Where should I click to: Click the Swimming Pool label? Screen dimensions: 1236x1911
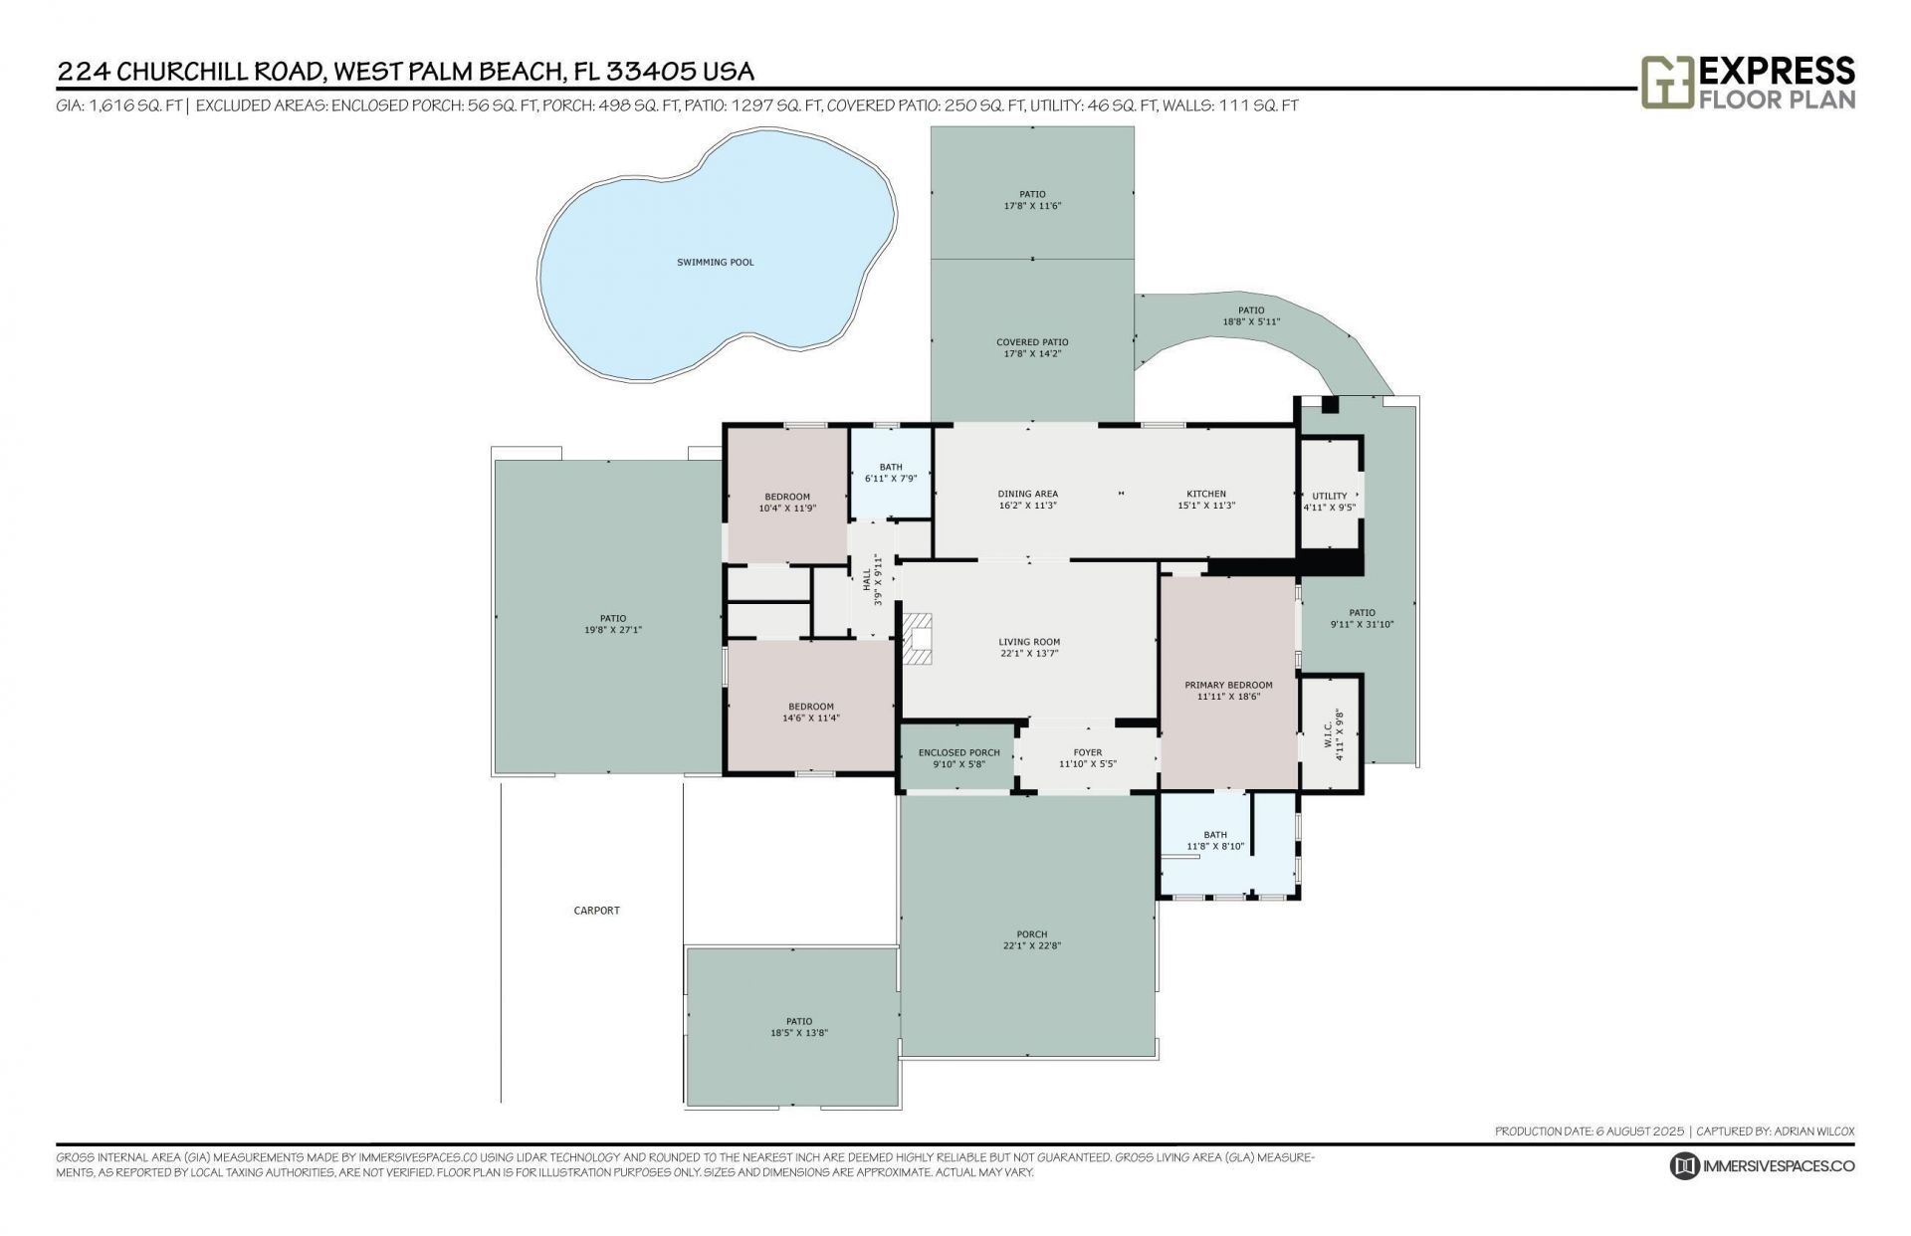[715, 263]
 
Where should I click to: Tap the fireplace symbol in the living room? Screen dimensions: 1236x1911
[918, 639]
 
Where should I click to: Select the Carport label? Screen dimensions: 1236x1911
[596, 911]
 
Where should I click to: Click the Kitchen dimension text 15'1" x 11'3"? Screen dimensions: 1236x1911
[1206, 506]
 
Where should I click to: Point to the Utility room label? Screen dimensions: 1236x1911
[1329, 496]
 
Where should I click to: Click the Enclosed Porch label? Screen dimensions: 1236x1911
[958, 752]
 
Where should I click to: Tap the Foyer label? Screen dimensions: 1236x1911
[1087, 752]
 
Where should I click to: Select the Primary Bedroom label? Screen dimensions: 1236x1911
[1228, 685]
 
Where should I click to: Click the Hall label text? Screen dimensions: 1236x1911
[867, 579]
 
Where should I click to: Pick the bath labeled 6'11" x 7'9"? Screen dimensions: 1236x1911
[890, 473]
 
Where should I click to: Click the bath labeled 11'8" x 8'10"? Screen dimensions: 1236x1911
[1214, 841]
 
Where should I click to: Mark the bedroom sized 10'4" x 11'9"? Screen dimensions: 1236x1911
[786, 503]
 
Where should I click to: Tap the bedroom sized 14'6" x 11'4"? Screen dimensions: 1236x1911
[810, 712]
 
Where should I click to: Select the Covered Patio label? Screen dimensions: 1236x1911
[1032, 342]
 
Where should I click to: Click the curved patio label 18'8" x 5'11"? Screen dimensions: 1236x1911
[1250, 316]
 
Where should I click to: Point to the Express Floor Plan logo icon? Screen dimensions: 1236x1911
[1666, 83]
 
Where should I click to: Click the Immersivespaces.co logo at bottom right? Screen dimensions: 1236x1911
[1762, 1166]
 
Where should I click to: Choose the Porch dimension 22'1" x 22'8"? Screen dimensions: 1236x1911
[1031, 946]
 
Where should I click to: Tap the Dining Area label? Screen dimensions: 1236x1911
[1027, 494]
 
